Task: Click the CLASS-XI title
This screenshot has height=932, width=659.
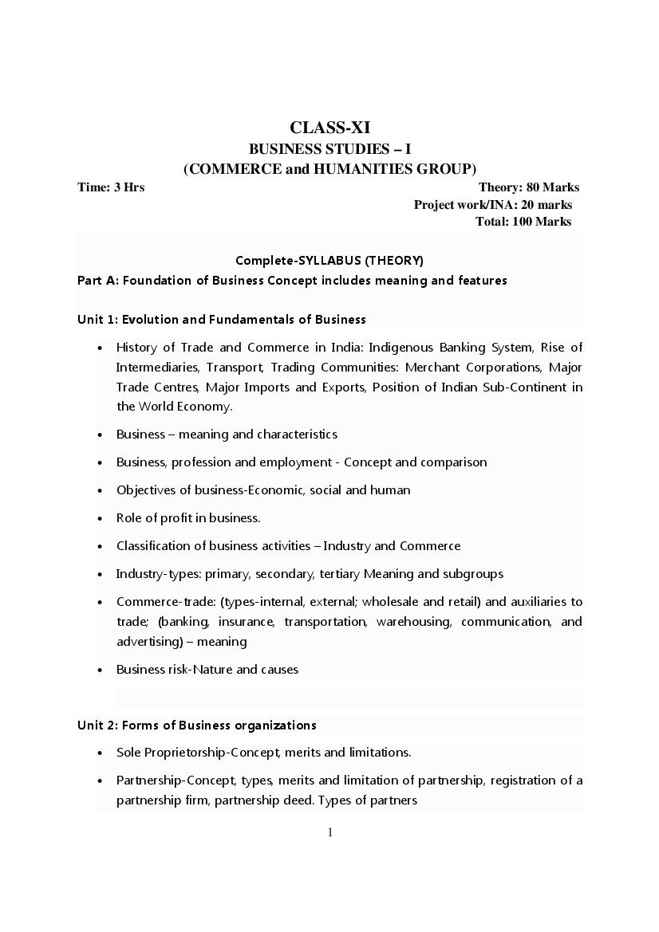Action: coord(329,128)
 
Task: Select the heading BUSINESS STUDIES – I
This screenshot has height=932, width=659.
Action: coord(329,148)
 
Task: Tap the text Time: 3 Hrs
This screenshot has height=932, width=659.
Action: coord(111,187)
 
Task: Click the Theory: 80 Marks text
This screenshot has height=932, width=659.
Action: coord(528,187)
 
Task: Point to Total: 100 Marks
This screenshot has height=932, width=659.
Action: coord(523,222)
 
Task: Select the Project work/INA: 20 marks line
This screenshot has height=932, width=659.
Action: coord(492,205)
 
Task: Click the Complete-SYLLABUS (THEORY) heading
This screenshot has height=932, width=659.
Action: coord(329,261)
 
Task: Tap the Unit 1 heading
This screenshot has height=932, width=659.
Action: coord(221,320)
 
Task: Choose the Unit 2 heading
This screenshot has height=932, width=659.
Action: coord(196,726)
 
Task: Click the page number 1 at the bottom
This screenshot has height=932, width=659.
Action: coord(329,832)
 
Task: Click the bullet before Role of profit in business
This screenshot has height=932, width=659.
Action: coord(99,519)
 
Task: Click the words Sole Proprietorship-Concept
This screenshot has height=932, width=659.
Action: coord(197,753)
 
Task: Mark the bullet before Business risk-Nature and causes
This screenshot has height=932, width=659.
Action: coord(99,670)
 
